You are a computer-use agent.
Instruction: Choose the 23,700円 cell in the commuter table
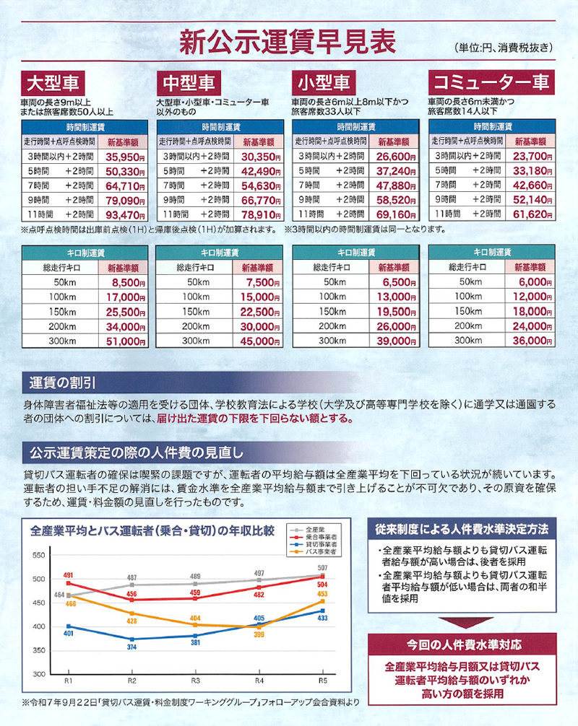point(530,155)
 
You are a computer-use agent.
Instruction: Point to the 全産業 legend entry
point(315,528)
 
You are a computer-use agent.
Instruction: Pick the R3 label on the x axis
point(195,681)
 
